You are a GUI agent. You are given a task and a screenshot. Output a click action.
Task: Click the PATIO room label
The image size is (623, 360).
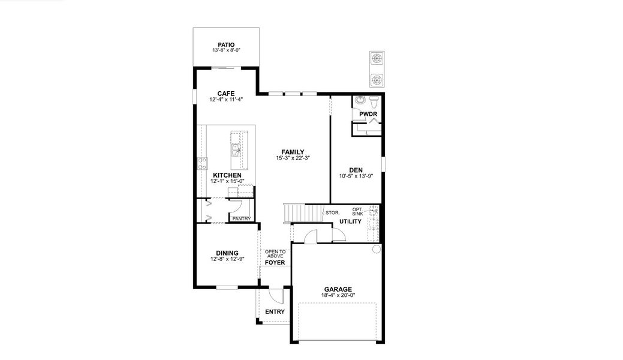(226, 44)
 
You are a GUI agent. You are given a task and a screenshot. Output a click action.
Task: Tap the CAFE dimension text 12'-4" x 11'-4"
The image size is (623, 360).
(225, 100)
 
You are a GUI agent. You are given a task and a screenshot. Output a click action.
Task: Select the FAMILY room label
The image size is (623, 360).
(293, 152)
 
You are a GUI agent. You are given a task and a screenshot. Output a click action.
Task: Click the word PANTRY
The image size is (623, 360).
(241, 218)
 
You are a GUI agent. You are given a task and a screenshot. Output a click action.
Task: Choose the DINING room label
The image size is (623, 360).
(227, 253)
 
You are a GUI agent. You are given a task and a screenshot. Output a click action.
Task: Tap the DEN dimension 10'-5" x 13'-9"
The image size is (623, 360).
(356, 176)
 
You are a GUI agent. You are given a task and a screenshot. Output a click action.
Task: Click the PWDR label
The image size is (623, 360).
(368, 114)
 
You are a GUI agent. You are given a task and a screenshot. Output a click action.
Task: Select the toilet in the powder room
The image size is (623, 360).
(374, 100)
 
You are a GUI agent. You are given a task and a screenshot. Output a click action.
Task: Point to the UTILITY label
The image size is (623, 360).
(350, 221)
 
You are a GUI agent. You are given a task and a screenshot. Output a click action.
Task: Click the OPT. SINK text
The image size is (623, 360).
(357, 211)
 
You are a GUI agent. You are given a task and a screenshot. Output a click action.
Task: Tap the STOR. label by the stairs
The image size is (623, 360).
(333, 212)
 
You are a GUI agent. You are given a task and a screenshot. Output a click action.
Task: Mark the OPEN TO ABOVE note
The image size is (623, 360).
(275, 254)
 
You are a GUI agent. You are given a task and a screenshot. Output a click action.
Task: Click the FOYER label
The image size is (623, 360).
(275, 262)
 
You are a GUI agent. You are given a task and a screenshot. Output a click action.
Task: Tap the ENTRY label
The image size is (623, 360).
(275, 311)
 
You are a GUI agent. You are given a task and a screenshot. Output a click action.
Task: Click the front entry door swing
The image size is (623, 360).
(275, 296)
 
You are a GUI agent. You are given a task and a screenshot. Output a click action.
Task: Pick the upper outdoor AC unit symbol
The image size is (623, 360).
(377, 59)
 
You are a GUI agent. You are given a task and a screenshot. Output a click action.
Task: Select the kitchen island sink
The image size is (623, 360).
(235, 149)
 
